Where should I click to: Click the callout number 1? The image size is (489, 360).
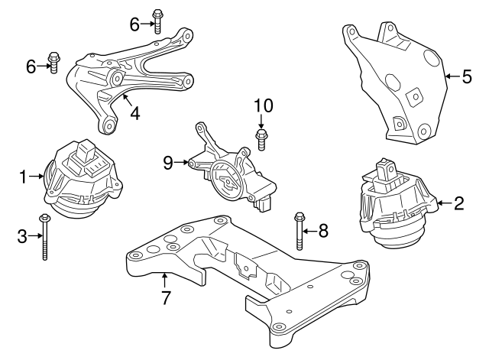click(24, 177)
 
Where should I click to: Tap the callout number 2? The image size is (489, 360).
click(458, 203)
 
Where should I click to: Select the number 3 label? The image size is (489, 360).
click(24, 235)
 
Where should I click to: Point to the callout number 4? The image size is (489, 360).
click(134, 115)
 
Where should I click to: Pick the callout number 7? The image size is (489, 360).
click(165, 296)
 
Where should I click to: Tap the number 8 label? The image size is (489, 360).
click(322, 230)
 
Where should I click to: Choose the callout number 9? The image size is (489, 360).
click(168, 161)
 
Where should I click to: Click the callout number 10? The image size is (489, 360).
click(262, 104)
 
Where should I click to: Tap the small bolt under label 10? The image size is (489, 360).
click(262, 138)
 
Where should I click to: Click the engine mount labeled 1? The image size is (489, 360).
click(80, 180)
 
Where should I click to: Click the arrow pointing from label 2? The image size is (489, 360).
click(444, 203)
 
